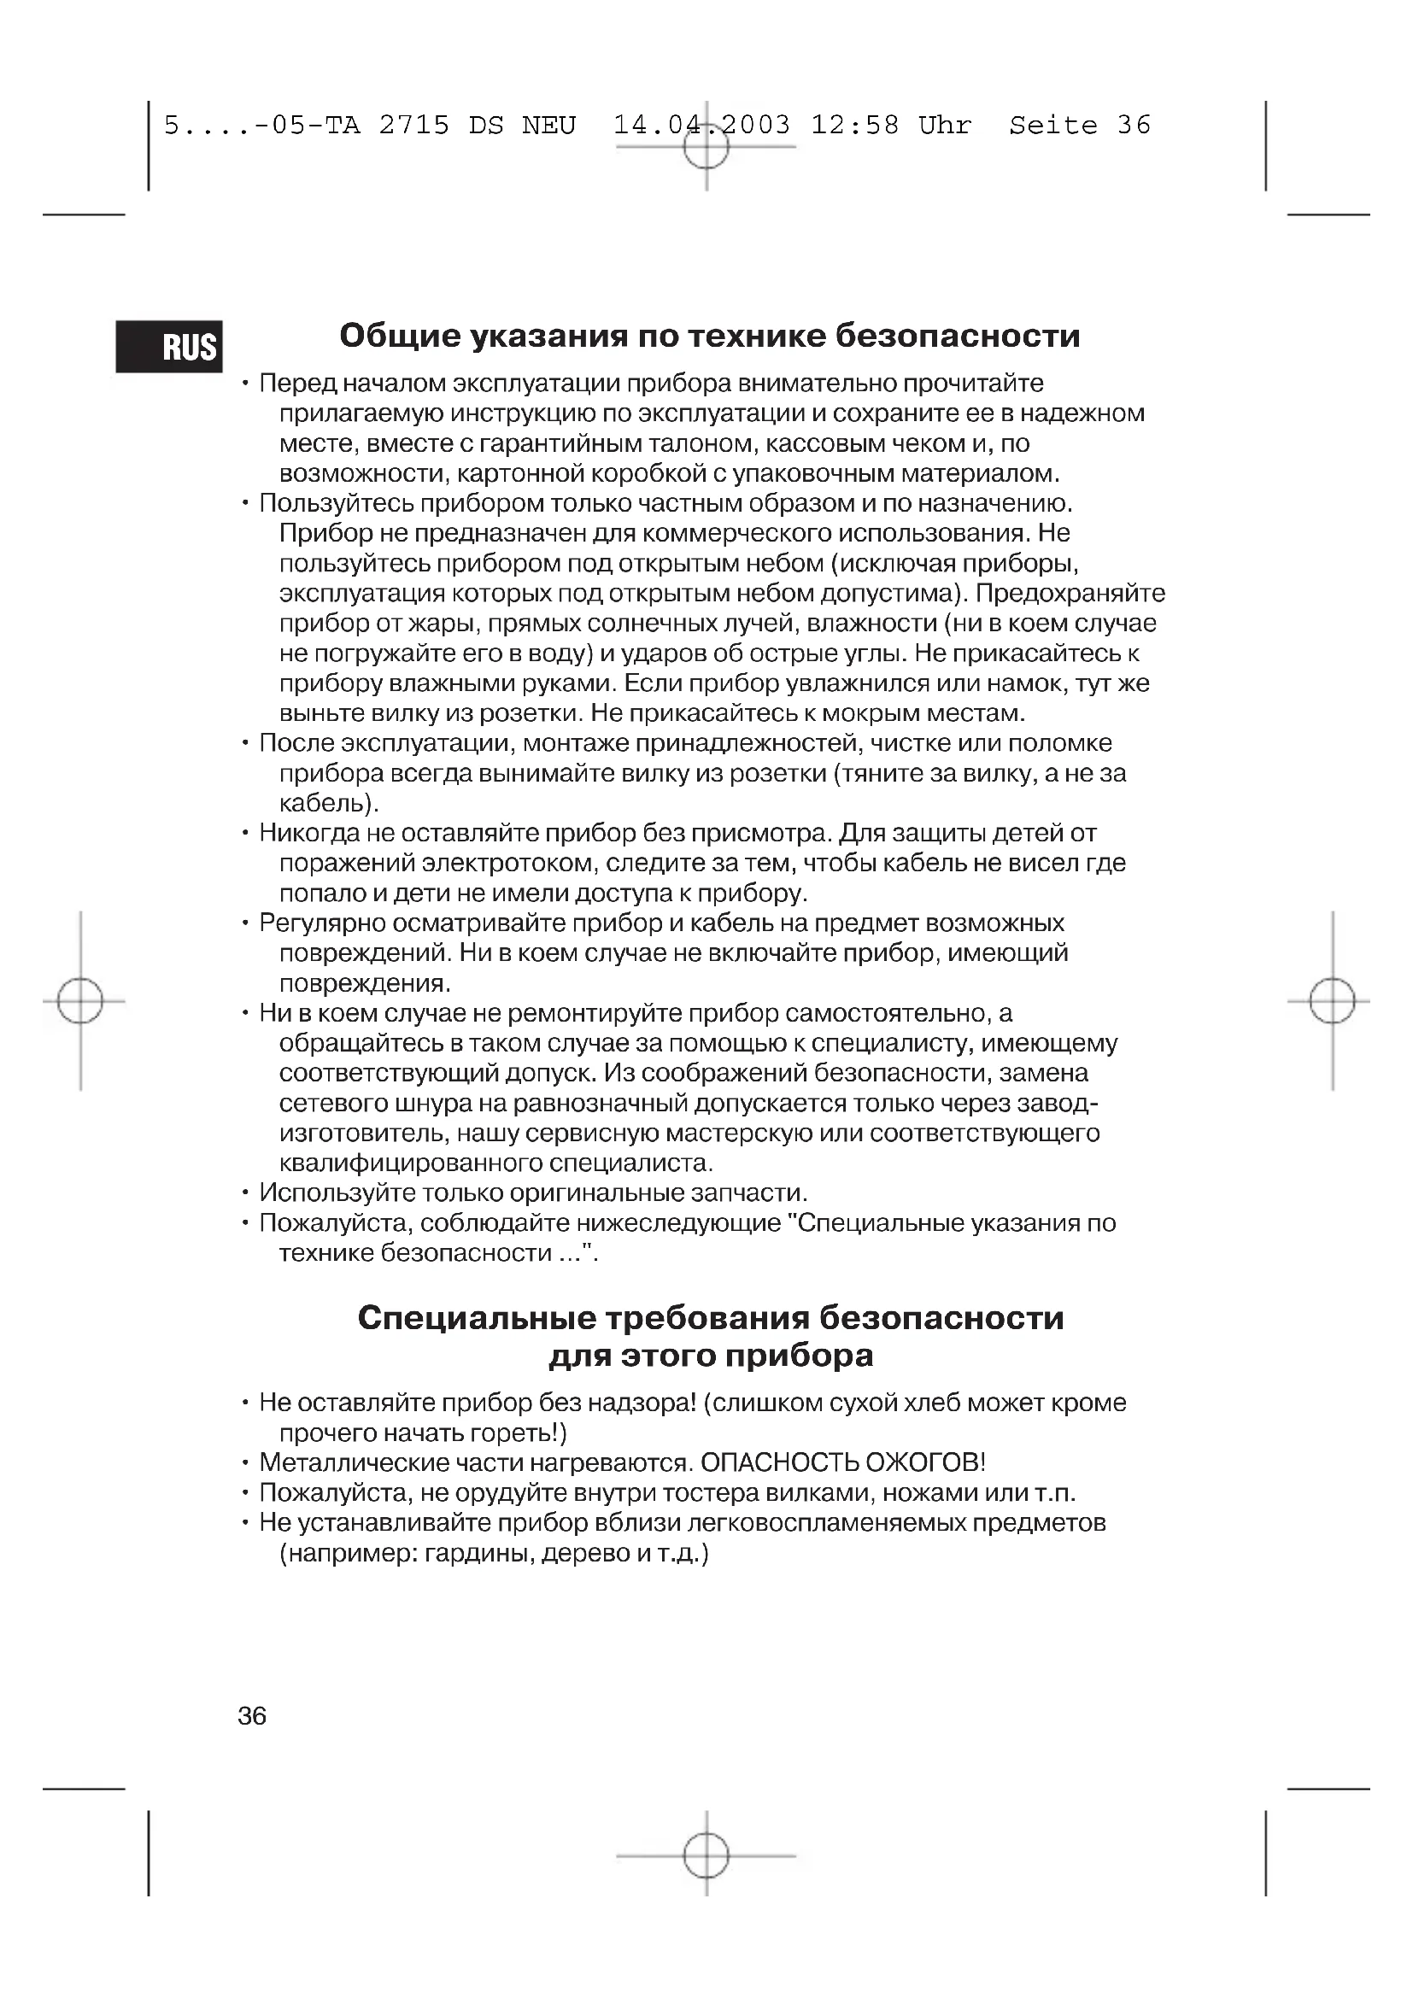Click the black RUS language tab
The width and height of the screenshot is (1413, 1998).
pyautogui.click(x=169, y=346)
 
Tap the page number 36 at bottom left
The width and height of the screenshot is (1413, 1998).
pyautogui.click(x=251, y=1716)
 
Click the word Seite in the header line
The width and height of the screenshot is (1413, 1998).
pyautogui.click(x=1052, y=126)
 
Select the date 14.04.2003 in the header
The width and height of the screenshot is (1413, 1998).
pyautogui.click(x=702, y=126)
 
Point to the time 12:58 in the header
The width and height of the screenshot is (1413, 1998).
pyautogui.click(x=854, y=126)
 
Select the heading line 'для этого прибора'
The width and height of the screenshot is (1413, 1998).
pyautogui.click(x=711, y=1356)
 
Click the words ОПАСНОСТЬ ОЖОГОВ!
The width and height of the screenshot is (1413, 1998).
pyautogui.click(x=843, y=1462)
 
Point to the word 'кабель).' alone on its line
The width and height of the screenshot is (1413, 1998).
pyautogui.click(x=330, y=802)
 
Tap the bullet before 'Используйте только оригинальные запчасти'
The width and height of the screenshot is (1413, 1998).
pyautogui.click(x=246, y=1193)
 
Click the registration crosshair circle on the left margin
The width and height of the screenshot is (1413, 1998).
pyautogui.click(x=80, y=1001)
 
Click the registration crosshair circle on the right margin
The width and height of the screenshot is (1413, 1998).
pyautogui.click(x=1332, y=1001)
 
